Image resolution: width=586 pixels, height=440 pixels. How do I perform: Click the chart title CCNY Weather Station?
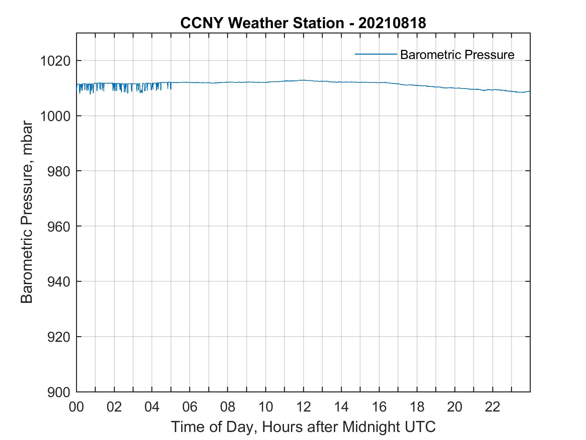click(262, 23)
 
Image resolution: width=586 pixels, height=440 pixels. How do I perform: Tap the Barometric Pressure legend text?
click(457, 55)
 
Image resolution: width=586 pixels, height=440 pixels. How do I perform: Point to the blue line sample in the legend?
click(376, 54)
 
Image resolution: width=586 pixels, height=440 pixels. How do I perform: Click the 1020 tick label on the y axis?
click(55, 61)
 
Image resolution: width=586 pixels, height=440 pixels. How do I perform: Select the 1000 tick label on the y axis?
click(55, 116)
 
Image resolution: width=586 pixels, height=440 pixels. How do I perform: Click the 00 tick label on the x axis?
click(76, 407)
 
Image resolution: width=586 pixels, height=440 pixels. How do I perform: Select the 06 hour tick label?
click(190, 407)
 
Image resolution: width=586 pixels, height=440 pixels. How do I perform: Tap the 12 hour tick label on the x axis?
click(303, 407)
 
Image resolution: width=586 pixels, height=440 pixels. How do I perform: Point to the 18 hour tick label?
click(417, 407)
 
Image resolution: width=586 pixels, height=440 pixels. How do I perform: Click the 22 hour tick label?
click(493, 407)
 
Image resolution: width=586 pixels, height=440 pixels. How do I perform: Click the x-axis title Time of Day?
click(303, 427)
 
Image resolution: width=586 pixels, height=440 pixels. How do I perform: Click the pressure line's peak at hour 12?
click(303, 80)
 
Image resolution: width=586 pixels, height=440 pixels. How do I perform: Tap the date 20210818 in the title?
click(392, 23)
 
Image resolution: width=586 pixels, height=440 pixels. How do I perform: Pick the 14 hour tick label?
click(341, 407)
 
